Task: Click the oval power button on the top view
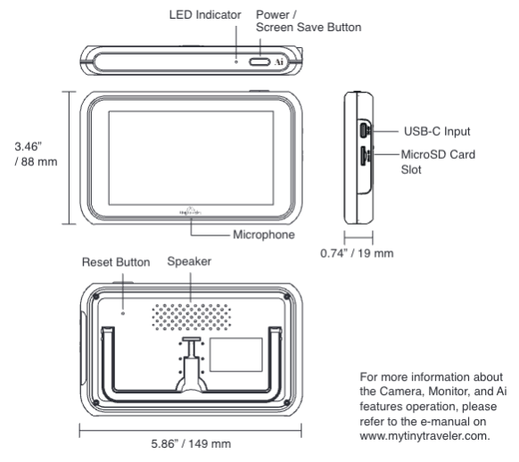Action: [x=260, y=62]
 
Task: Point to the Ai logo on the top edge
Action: [x=279, y=62]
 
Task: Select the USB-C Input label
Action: [x=432, y=131]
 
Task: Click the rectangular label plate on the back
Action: [x=235, y=356]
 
